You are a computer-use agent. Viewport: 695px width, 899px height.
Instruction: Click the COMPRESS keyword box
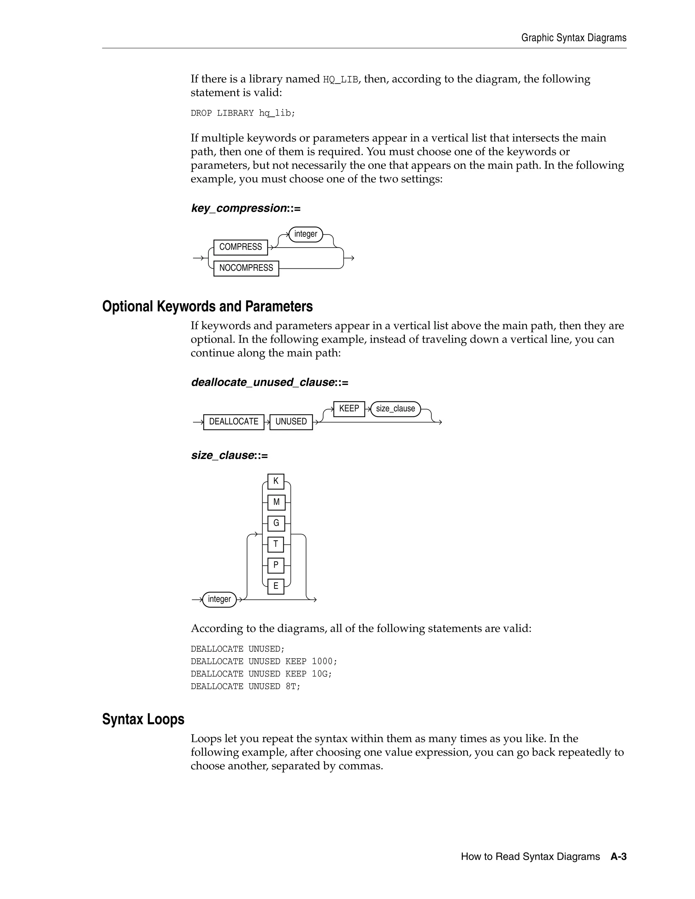coord(241,247)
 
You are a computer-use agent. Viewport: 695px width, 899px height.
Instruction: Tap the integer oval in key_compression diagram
coord(305,234)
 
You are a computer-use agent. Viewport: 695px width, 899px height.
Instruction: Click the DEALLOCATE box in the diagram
coord(233,421)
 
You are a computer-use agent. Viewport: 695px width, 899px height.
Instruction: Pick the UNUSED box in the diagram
coord(291,421)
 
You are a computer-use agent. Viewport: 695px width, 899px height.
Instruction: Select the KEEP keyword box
coord(349,409)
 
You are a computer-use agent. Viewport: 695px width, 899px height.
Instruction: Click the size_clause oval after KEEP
coord(395,409)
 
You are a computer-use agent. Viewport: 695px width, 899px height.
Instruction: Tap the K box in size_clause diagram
coord(276,481)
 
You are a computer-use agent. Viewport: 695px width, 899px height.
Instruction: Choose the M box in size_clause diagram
coord(276,502)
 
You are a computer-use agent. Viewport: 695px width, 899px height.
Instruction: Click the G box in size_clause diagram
coord(276,523)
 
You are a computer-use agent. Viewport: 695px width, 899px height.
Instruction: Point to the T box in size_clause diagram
coord(276,544)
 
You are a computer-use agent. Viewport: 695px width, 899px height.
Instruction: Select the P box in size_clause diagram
coord(276,565)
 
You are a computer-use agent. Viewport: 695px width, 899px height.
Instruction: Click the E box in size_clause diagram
coord(276,586)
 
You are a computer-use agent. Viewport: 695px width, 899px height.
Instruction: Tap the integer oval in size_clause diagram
coord(220,599)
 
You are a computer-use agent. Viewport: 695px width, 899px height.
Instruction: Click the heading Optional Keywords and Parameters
coord(207,307)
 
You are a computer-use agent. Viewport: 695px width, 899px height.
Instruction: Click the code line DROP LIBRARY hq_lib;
coord(243,113)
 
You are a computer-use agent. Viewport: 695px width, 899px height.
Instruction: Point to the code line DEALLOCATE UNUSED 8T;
coord(245,686)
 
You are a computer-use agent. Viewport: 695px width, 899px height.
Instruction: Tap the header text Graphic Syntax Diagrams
coord(574,38)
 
